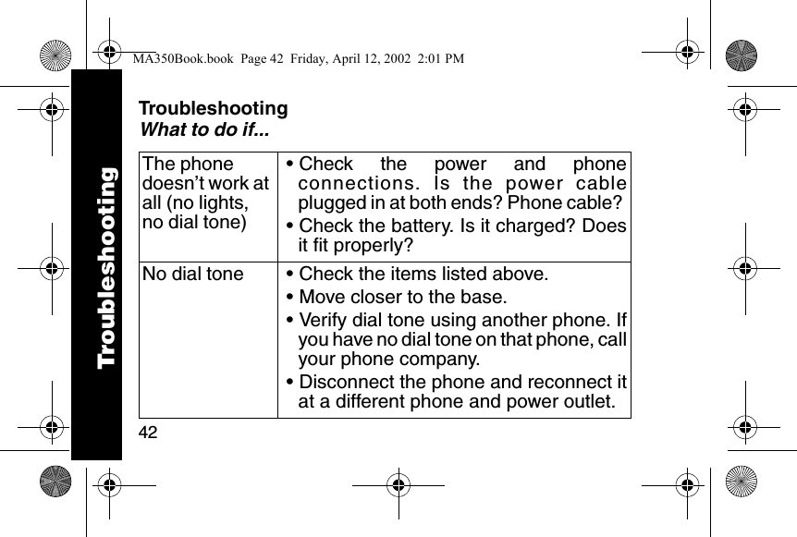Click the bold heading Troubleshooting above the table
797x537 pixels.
tap(213, 109)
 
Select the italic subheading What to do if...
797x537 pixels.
tap(203, 130)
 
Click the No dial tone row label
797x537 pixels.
tap(193, 274)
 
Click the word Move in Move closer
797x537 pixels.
tap(322, 298)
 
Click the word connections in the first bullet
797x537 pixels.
tap(350, 185)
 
